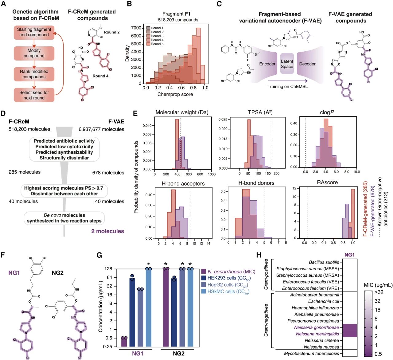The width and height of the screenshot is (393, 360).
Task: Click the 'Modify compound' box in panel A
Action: pos(34,53)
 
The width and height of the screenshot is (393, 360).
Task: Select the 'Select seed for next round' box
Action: pos(34,95)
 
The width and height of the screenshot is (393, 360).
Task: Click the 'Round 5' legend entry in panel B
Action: pos(157,44)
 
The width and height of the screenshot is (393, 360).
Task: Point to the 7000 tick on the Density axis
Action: pos(136,28)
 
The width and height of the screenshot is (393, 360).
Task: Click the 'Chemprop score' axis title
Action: pos(175,94)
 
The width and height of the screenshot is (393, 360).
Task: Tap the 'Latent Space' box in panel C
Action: pos(287,64)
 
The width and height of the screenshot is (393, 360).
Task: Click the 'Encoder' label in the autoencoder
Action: pos(267,64)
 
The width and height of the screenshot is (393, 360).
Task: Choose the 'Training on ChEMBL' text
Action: pos(287,86)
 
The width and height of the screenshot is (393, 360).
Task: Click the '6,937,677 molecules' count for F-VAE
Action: pos(101,129)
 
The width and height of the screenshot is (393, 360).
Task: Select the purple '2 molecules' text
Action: pos(107,231)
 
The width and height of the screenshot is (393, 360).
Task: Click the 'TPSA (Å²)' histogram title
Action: pos(260,112)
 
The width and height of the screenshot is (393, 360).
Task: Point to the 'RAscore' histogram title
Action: pos(327,182)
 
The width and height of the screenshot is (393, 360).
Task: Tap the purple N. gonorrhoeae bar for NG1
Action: pos(124,342)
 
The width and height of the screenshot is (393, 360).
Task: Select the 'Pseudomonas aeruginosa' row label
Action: pos(313,321)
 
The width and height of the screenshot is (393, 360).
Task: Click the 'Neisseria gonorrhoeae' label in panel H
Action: pos(316,327)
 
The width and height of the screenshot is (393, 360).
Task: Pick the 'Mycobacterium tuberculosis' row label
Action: pos(311,354)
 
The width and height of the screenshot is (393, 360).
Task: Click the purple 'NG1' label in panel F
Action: pos(14,272)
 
